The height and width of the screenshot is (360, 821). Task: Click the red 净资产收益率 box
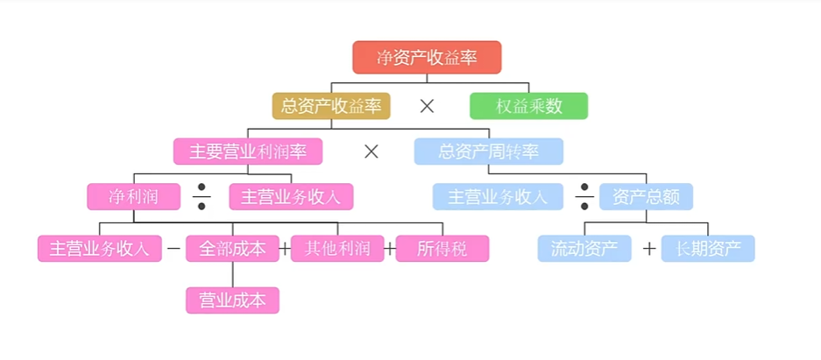coord(427,58)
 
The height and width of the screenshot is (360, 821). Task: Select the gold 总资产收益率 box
coord(331,106)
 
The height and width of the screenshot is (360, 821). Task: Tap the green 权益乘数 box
coord(528,106)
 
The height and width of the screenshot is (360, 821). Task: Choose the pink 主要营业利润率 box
coord(248,152)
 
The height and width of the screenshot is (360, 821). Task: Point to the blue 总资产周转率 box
coord(488,152)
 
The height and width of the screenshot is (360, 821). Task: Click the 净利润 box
coord(133,196)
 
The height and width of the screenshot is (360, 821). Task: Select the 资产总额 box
coord(646,196)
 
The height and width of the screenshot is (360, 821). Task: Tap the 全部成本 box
coord(232,249)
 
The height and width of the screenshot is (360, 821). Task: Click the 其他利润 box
coord(337,249)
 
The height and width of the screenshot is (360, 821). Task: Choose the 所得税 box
coord(442,249)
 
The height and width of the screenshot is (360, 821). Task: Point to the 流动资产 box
coord(584,249)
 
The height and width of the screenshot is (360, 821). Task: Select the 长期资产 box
coord(708,249)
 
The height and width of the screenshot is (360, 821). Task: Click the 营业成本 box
coord(232,300)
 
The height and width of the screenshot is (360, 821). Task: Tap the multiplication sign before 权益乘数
coord(427,106)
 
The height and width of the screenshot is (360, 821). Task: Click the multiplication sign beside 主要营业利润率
coord(371,152)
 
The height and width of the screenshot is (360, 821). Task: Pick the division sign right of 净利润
coord(202,197)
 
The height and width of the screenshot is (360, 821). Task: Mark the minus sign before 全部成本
coord(173,249)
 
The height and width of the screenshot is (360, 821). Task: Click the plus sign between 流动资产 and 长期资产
coord(648,249)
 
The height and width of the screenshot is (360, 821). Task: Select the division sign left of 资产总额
coord(584,197)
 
